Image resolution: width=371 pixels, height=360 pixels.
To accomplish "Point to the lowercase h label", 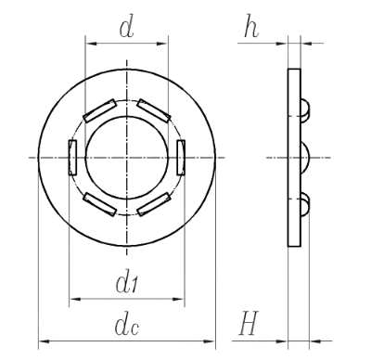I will tap(249, 28).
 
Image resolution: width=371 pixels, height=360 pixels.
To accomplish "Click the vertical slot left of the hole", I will tap(72, 156).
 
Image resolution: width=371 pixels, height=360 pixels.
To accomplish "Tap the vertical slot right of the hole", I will tap(181, 156).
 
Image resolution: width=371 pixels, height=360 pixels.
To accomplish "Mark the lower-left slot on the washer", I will tap(98, 202).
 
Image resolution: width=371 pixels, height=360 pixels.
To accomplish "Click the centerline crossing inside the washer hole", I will tap(126, 156).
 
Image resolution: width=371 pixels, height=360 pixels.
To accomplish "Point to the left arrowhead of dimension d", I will tap(89, 42).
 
